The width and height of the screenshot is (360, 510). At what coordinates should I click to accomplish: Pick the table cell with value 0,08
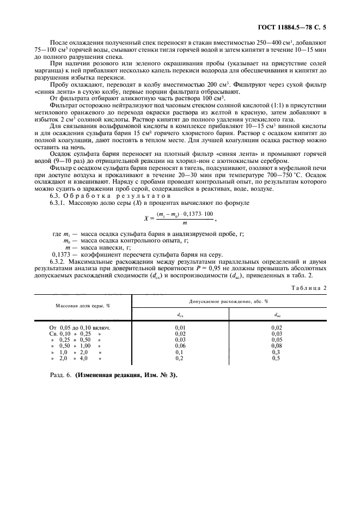click(x=277, y=345)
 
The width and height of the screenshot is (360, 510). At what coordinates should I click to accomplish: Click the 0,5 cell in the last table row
click(x=276, y=358)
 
